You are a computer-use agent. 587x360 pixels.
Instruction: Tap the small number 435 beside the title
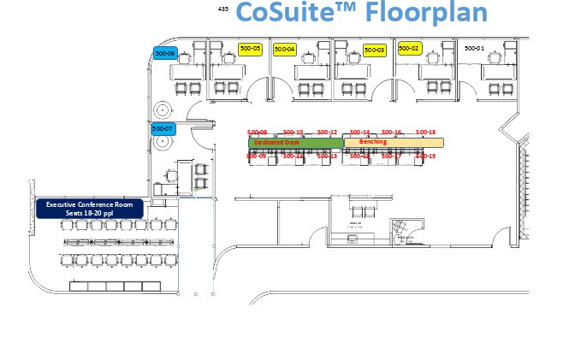tap(223, 9)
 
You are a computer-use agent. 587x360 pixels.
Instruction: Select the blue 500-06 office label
tap(164, 53)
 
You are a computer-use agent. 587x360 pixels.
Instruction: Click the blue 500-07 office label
tap(162, 128)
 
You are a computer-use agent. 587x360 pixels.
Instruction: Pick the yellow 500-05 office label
tap(250, 49)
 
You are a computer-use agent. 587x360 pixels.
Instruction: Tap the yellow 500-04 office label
tap(285, 50)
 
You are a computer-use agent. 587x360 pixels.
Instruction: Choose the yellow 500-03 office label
tap(375, 50)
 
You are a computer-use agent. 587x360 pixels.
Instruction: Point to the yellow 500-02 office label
tap(409, 49)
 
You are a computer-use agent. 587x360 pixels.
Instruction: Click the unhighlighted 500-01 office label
tap(474, 49)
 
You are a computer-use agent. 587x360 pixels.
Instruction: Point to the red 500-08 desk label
tap(257, 133)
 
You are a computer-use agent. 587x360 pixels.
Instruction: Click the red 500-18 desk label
tap(426, 133)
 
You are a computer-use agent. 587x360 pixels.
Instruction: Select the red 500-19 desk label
tap(426, 156)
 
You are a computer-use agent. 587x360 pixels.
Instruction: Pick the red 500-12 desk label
tap(328, 133)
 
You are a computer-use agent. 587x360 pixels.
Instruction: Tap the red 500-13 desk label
tap(328, 156)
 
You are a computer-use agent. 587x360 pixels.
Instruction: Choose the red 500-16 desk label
tap(392, 133)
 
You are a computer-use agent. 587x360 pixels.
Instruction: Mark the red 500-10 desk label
tap(293, 133)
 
